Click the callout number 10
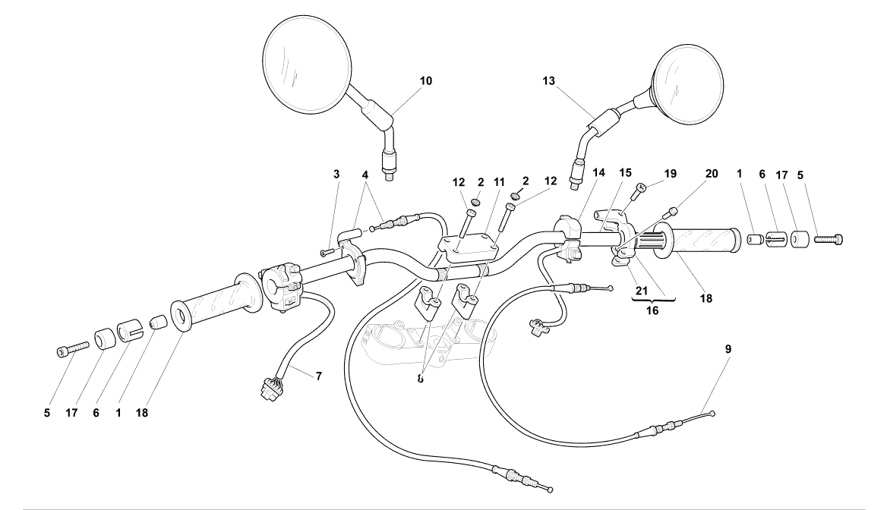[x=425, y=80]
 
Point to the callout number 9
[x=728, y=350]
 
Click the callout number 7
[x=319, y=376]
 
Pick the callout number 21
[x=641, y=289]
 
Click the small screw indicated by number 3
[x=327, y=252]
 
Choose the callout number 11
[x=500, y=182]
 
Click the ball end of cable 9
[x=713, y=412]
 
